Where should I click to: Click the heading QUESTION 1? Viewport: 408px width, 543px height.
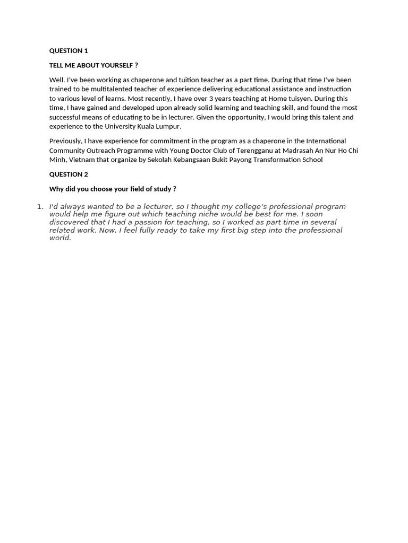coord(69,51)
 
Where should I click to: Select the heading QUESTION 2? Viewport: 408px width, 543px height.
coord(69,174)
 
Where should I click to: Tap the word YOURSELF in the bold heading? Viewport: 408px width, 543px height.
coord(117,65)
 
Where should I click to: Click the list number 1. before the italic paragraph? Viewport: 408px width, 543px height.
coord(40,207)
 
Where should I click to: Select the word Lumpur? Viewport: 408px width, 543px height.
coord(168,127)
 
